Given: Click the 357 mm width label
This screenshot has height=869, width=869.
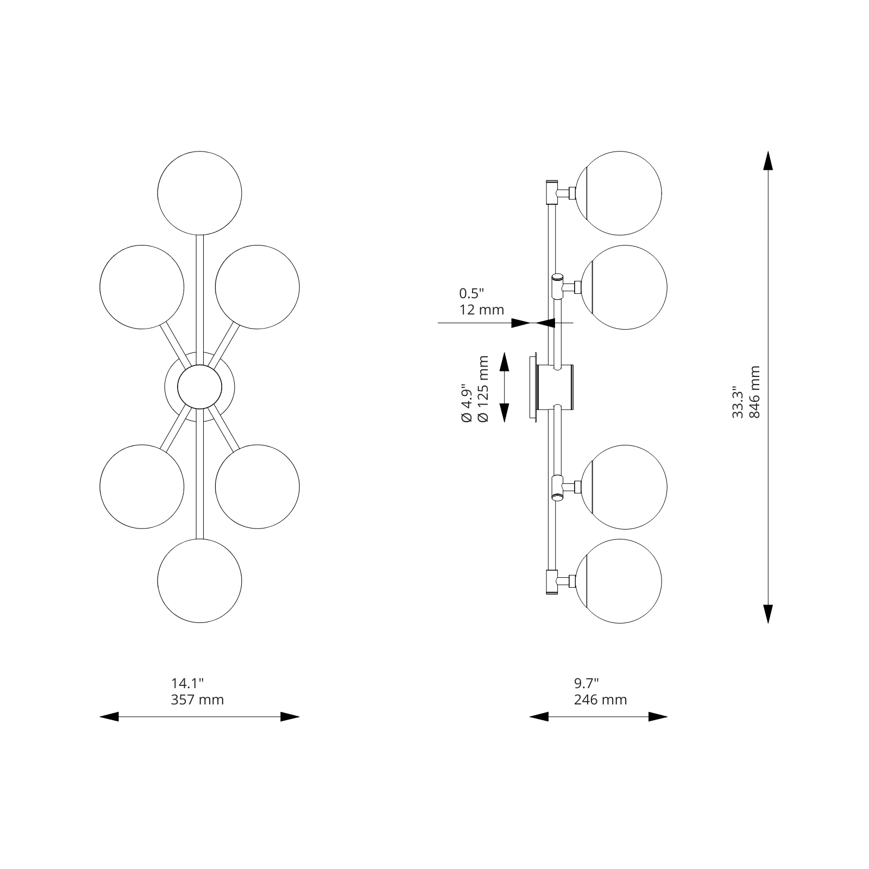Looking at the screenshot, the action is [x=197, y=700].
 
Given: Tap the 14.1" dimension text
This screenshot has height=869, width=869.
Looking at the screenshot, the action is [x=187, y=683].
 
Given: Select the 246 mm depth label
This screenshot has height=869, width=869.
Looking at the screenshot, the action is [x=600, y=700].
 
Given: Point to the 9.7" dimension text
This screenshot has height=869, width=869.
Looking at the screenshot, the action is [x=586, y=683].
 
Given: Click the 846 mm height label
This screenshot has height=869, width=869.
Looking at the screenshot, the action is [x=754, y=392].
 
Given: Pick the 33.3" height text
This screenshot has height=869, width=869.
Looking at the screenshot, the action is [x=738, y=402].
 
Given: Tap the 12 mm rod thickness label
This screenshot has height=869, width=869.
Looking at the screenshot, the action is [x=482, y=310].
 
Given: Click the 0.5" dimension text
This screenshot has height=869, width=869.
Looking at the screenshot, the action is [x=471, y=294].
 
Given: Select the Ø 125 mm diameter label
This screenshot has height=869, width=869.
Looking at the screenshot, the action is [x=483, y=389].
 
